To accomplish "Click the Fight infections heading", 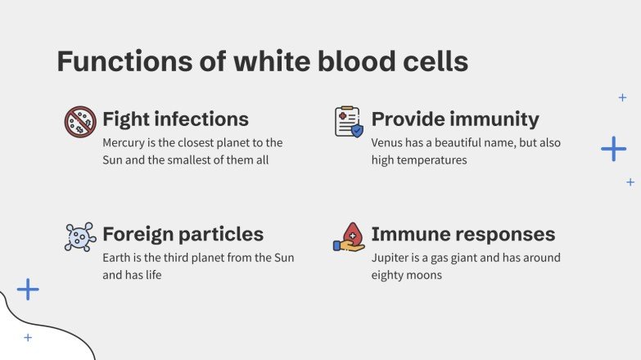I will [x=175, y=119].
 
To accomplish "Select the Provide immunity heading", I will [x=455, y=119].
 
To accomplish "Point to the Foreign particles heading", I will [x=183, y=235].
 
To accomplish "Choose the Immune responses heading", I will [x=463, y=235].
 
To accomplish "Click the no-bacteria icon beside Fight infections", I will [x=80, y=122].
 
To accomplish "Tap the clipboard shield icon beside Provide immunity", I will [x=349, y=121].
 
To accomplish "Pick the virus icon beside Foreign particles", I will [x=80, y=236].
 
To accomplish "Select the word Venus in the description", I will [x=387, y=142].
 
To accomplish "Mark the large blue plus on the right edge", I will [x=613, y=148].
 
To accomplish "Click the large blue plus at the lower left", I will [x=28, y=289].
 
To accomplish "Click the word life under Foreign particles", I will [x=151, y=276].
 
